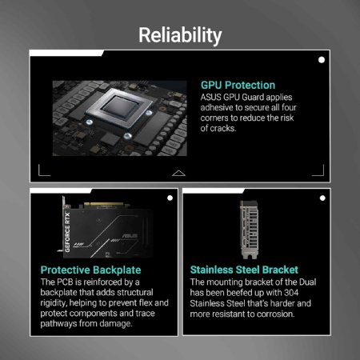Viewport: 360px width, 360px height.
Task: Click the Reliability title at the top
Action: pyautogui.click(x=180, y=35)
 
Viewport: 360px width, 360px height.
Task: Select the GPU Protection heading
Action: pyautogui.click(x=238, y=85)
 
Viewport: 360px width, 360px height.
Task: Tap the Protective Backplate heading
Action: pyautogui.click(x=90, y=270)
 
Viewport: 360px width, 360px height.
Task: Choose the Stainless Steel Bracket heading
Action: pyautogui.click(x=244, y=270)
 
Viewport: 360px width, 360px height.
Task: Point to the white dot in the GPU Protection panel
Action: pyautogui.click(x=322, y=60)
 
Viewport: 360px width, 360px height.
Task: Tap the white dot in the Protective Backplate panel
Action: pyautogui.click(x=170, y=198)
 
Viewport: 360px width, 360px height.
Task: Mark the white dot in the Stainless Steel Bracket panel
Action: pyautogui.click(x=322, y=198)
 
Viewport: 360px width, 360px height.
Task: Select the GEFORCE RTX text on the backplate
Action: pyautogui.click(x=67, y=232)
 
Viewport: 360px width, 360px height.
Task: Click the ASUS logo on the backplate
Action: pyautogui.click(x=130, y=236)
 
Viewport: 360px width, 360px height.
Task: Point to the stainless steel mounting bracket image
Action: pyautogui.click(x=250, y=230)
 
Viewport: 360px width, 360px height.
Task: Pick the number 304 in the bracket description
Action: pyautogui.click(x=291, y=293)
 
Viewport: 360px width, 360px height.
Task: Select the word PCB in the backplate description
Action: pyautogui.click(x=65, y=282)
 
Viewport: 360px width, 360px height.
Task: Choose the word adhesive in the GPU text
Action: pyautogui.click(x=217, y=107)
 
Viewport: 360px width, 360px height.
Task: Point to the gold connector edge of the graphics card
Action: pyautogui.click(x=104, y=205)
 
